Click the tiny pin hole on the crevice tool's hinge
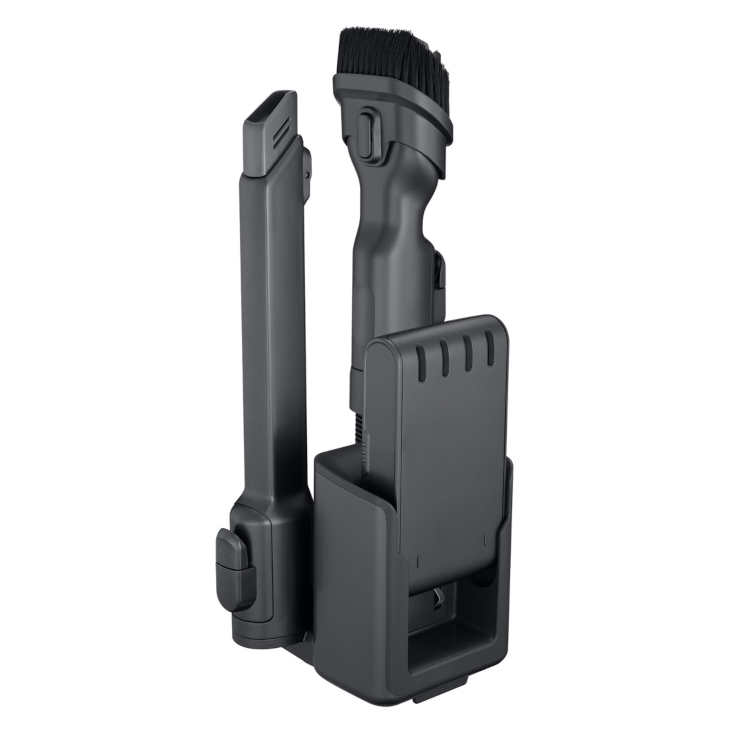pos(308,175)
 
